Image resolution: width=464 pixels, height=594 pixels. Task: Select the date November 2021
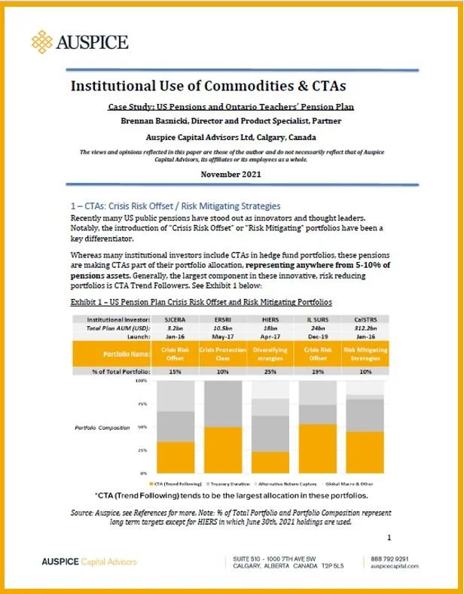coord(232,175)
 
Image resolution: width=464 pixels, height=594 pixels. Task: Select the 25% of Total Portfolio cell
coord(270,370)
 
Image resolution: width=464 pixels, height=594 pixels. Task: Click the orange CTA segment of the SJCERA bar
coord(174,456)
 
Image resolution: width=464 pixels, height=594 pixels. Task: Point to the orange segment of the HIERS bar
coord(270,461)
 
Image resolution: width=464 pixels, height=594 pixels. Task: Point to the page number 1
coord(388,538)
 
